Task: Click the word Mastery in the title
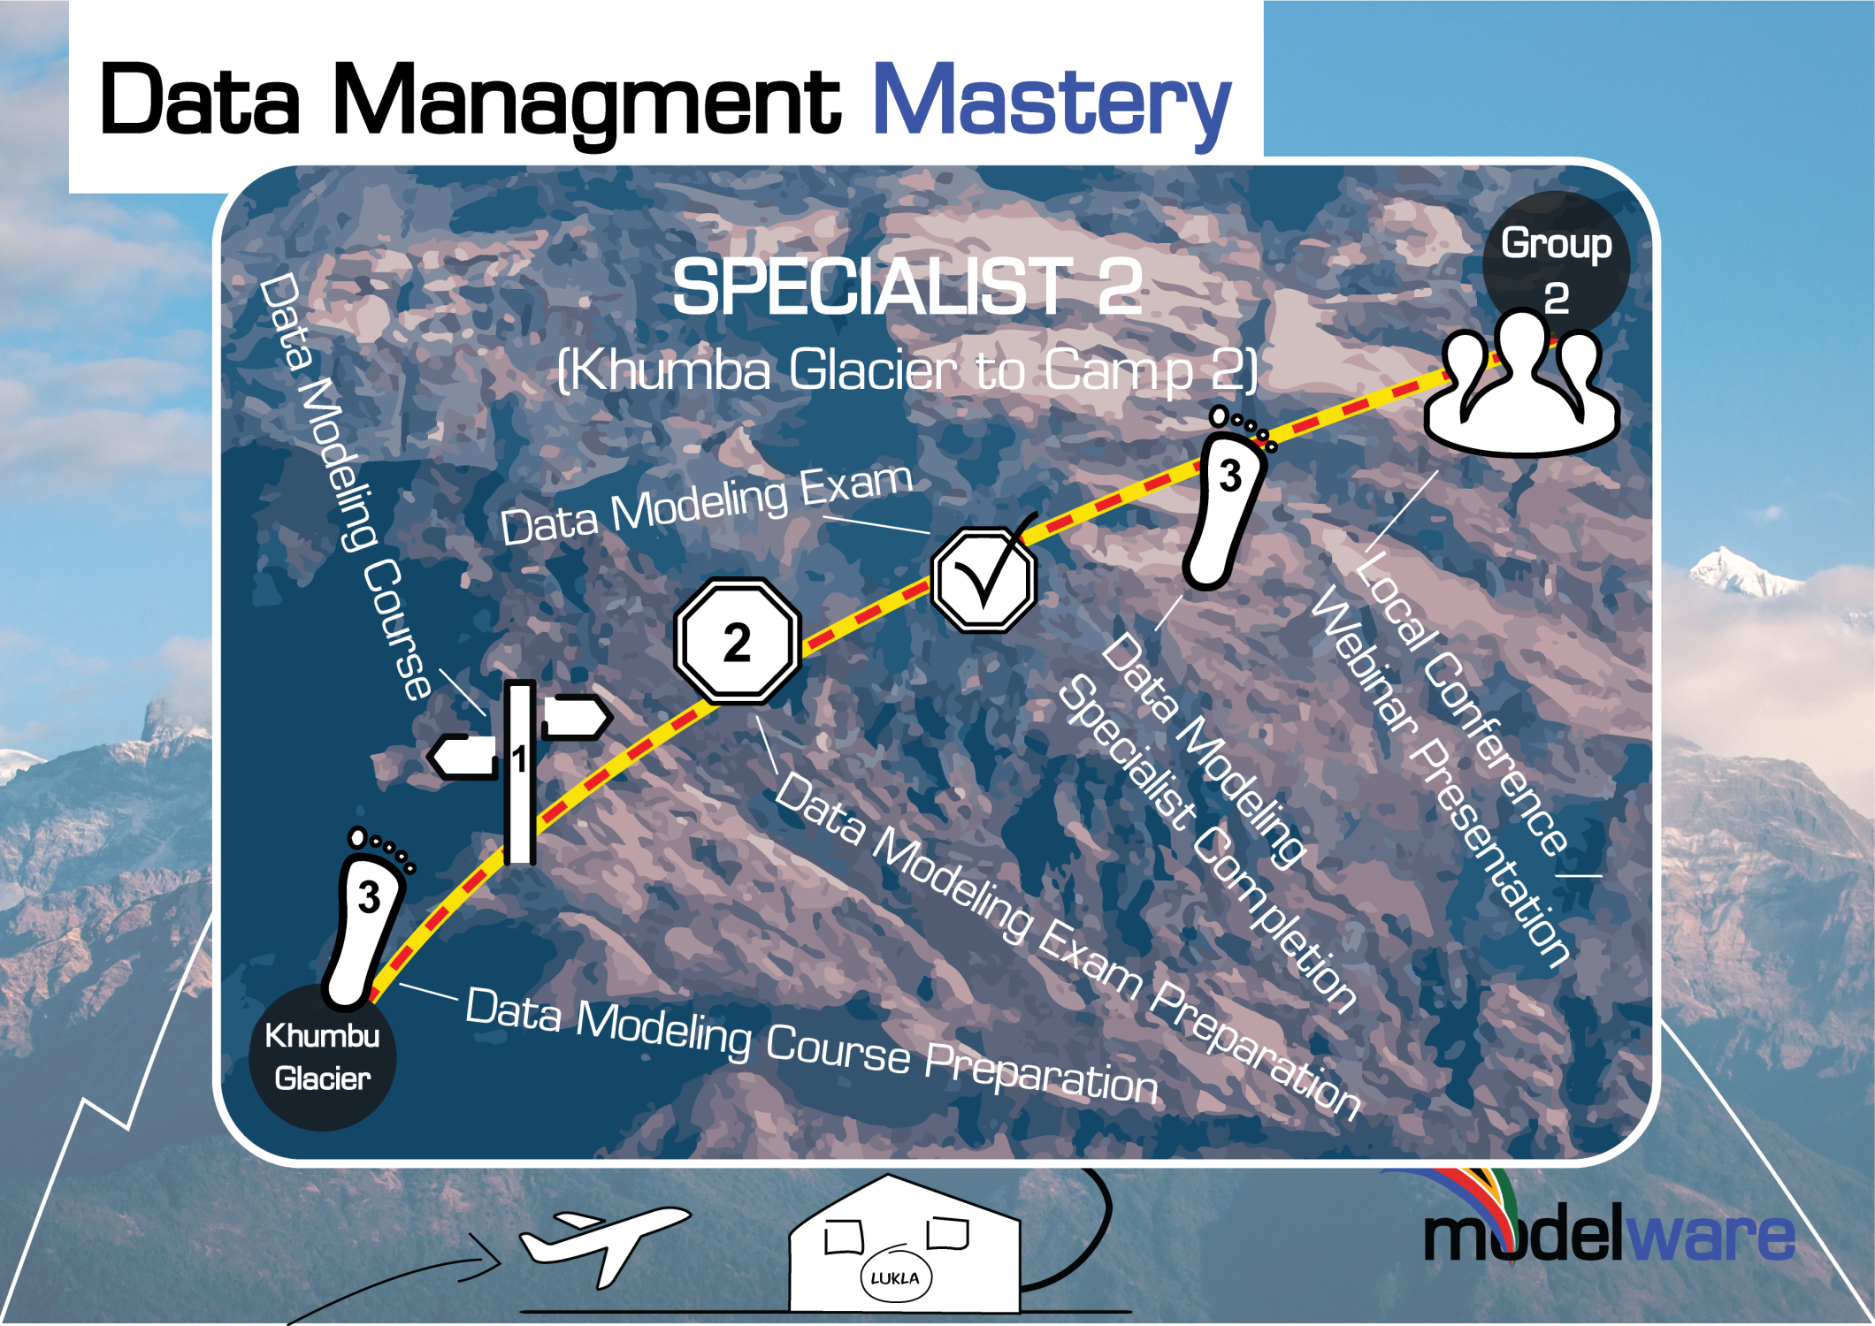point(1051,102)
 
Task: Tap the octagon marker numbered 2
point(737,641)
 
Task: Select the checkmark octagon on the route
point(984,579)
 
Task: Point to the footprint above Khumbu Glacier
point(365,919)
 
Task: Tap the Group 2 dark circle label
point(1556,261)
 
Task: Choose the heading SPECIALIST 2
point(907,287)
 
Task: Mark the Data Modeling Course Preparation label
point(811,1048)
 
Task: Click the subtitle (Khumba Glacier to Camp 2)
point(907,370)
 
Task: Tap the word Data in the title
point(201,102)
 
